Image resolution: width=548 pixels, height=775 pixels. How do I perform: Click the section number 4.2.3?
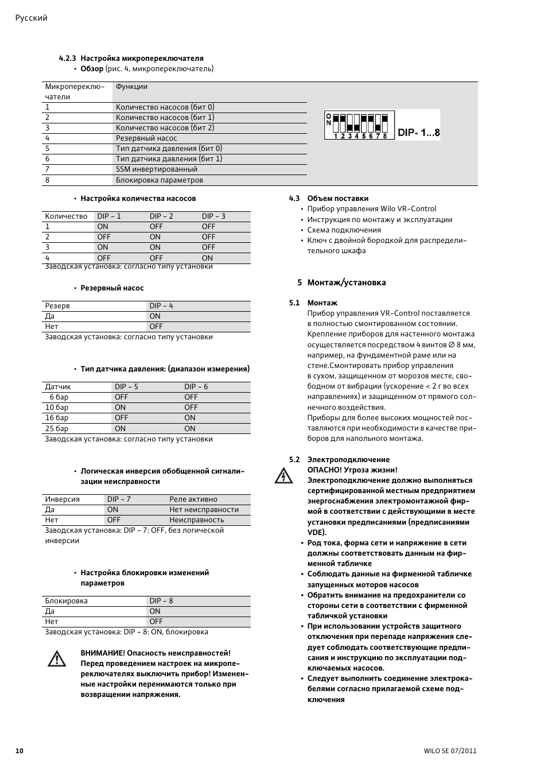pyautogui.click(x=68, y=59)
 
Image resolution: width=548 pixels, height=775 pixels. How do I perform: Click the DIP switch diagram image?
pyautogui.click(x=359, y=125)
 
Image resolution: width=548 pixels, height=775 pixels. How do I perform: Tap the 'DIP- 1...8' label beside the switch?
pyautogui.click(x=419, y=133)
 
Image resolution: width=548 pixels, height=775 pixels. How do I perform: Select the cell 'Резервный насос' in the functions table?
pyautogui.click(x=146, y=138)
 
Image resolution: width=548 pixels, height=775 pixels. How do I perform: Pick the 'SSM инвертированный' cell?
pyautogui.click(x=156, y=169)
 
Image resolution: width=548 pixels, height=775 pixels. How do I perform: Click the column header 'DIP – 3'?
pyautogui.click(x=213, y=216)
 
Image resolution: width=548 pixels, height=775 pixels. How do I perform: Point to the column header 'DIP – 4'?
pyautogui.click(x=161, y=306)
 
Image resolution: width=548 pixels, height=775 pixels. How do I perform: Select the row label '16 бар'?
pyautogui.click(x=57, y=418)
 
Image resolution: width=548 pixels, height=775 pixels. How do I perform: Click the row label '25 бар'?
pyautogui.click(x=57, y=428)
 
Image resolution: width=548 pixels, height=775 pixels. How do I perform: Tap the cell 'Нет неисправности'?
pyautogui.click(x=204, y=510)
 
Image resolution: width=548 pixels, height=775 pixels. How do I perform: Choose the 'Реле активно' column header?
pyautogui.click(x=193, y=499)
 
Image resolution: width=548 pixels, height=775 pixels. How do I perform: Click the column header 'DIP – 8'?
pyautogui.click(x=161, y=601)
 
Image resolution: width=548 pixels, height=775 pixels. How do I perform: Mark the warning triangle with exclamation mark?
pyautogui.click(x=57, y=659)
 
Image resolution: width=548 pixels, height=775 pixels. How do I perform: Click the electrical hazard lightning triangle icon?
pyautogui.click(x=283, y=476)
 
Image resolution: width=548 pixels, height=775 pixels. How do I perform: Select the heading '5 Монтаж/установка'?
pyautogui.click(x=341, y=282)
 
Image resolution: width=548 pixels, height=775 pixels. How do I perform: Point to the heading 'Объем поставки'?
pyautogui.click(x=337, y=199)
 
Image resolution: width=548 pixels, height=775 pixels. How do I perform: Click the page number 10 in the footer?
pyautogui.click(x=20, y=751)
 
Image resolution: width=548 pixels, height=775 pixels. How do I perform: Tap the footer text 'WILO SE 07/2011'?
pyautogui.click(x=450, y=751)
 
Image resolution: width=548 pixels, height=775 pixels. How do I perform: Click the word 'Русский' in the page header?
pyautogui.click(x=31, y=18)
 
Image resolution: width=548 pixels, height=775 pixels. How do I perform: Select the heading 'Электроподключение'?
pyautogui.click(x=348, y=460)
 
